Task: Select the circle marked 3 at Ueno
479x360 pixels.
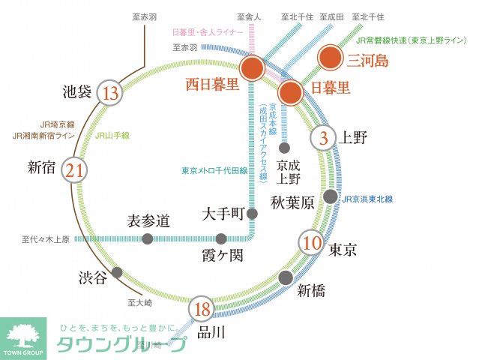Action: click(323, 138)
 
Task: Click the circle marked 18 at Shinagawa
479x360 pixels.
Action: click(200, 309)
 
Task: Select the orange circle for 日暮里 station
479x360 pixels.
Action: click(290, 92)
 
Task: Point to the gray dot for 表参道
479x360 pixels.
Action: click(147, 238)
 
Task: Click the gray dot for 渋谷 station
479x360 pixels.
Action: click(117, 273)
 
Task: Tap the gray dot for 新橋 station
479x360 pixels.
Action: click(285, 277)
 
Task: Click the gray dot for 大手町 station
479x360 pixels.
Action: click(252, 214)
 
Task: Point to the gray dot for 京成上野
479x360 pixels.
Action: click(285, 147)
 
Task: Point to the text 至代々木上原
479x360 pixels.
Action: click(45, 239)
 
